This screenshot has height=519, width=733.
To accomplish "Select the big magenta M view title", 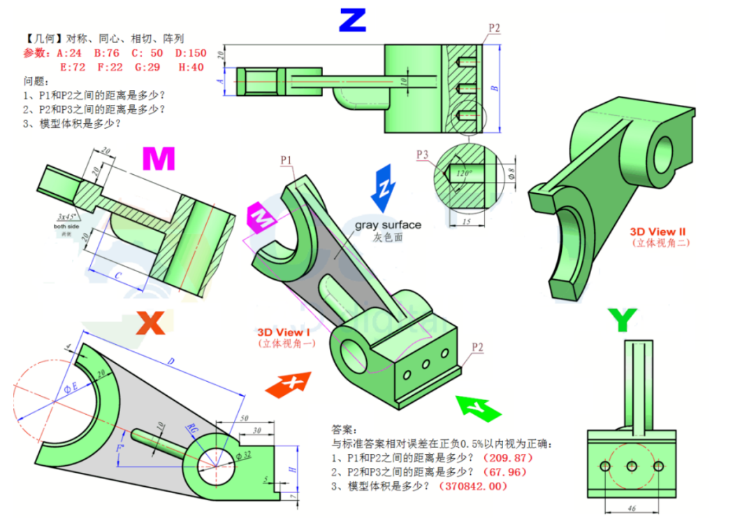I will [x=158, y=159].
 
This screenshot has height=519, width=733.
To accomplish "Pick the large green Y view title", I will [x=621, y=320].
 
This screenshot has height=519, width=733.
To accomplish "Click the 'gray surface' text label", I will [x=388, y=225].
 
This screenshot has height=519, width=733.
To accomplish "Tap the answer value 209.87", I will [x=507, y=457].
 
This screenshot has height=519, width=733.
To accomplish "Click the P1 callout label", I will [x=287, y=160].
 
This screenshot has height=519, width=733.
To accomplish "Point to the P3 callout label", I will [x=422, y=154].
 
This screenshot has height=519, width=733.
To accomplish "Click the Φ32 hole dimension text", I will [x=244, y=456].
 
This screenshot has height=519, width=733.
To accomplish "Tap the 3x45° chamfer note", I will [x=70, y=216].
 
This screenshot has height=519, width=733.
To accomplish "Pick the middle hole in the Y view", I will [x=631, y=466].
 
